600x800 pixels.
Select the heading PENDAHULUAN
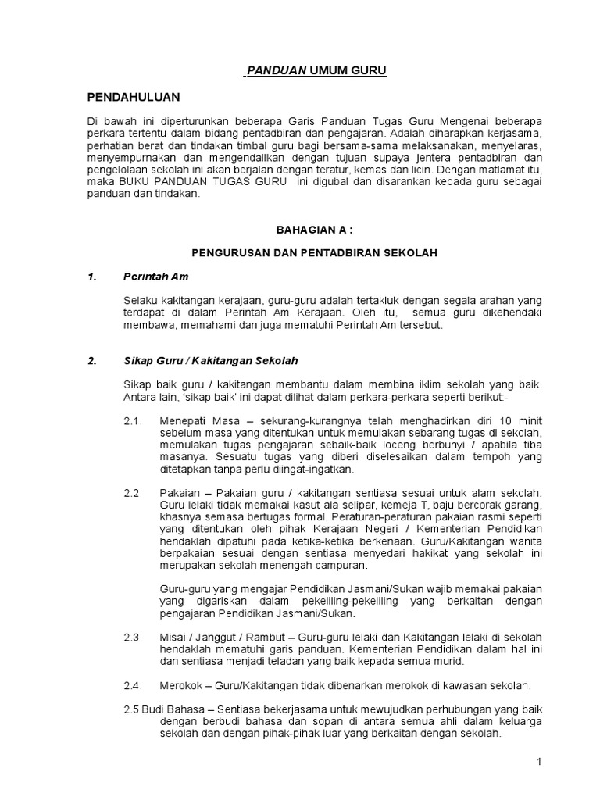133,97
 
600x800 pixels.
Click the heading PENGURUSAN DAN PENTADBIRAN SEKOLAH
315,253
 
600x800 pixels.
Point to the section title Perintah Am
156,277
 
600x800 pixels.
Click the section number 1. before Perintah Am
91,277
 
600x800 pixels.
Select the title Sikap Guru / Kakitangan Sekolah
210,361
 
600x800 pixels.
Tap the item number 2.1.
134,422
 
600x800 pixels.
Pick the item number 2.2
131,494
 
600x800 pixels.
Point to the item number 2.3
131,637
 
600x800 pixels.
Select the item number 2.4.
134,686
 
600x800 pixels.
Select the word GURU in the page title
368,71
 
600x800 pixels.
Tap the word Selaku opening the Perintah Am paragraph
141,301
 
